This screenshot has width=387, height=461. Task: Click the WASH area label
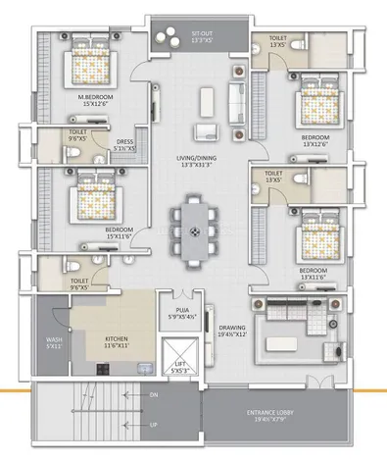coord(52,343)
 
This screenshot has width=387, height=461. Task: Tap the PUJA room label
coord(181,313)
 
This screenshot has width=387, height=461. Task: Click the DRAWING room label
coord(232,331)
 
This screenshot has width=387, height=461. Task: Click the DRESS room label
coord(124,144)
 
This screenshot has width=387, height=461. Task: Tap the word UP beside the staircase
coord(153,426)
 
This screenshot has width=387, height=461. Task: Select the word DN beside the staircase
coord(153,395)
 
